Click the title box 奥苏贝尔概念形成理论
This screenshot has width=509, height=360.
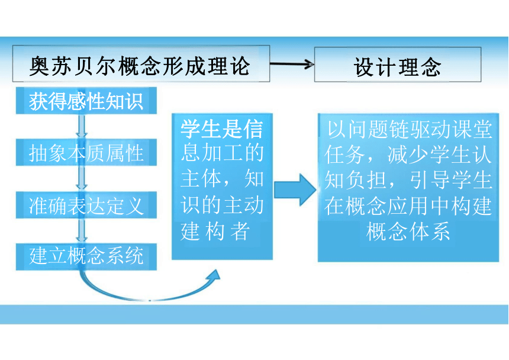(141, 63)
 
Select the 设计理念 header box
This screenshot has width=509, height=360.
(398, 65)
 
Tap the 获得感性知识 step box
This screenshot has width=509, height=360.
(86, 101)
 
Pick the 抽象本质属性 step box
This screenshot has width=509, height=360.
(86, 152)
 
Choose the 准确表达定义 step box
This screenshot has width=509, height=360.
(86, 205)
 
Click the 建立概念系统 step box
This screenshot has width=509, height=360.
(86, 257)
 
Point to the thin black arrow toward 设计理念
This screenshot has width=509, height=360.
(292, 64)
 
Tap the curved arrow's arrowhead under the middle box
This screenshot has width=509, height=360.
(214, 275)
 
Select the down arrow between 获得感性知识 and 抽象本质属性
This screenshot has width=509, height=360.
(82, 127)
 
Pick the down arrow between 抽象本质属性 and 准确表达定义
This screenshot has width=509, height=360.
(82, 179)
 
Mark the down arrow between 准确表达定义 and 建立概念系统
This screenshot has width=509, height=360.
(82, 231)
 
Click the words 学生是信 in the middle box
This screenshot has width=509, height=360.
(222, 129)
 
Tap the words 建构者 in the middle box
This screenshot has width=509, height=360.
(215, 231)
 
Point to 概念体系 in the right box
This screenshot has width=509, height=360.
(408, 231)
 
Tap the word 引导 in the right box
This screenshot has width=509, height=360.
(429, 180)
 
